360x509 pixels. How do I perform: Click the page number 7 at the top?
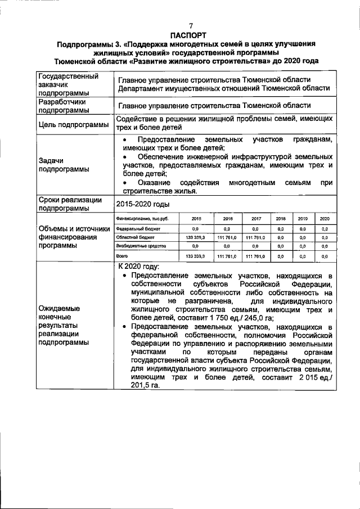[190, 26]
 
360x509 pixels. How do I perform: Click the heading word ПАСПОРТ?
[190, 35]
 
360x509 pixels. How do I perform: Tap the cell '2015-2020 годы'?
[143, 204]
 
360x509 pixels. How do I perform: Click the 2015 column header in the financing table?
[196, 219]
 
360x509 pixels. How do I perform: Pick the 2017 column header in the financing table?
[255, 219]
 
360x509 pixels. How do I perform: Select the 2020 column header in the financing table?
[325, 219]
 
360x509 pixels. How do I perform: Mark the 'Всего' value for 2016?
[227, 256]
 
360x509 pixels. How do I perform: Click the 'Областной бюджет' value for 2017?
[255, 237]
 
